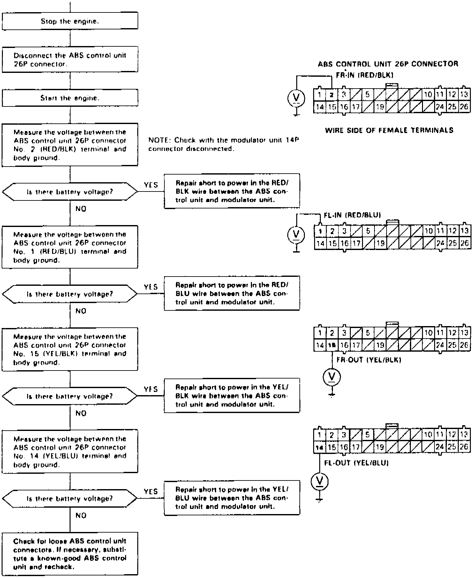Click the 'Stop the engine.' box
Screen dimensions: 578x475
click(70, 21)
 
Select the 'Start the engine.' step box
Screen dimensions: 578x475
click(70, 98)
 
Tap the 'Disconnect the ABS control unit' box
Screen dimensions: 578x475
click(70, 59)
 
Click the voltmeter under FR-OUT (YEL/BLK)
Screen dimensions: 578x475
click(332, 377)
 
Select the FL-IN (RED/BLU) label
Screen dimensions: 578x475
click(352, 215)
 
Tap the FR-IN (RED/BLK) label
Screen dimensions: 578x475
click(365, 75)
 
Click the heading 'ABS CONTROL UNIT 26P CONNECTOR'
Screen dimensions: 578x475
click(388, 64)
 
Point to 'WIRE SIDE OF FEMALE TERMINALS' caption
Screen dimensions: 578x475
click(389, 130)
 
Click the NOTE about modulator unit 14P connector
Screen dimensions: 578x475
click(223, 144)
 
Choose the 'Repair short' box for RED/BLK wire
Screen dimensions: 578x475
click(232, 191)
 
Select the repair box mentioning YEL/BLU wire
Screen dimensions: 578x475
click(232, 498)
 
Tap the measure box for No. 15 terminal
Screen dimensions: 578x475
click(70, 349)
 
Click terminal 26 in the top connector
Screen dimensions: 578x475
click(464, 107)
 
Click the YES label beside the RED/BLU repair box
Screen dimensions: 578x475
click(151, 287)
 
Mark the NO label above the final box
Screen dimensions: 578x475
click(81, 515)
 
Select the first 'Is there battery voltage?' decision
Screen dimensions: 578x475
click(70, 192)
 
